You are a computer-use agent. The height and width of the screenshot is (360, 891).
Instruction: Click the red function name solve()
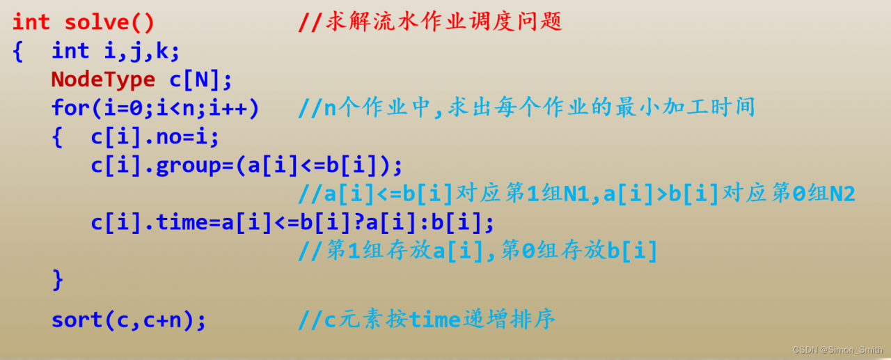pyautogui.click(x=109, y=22)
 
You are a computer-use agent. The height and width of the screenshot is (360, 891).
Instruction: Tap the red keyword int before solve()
pyautogui.click(x=31, y=22)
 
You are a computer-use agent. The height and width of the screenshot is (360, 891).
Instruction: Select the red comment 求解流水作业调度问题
pyautogui.click(x=444, y=21)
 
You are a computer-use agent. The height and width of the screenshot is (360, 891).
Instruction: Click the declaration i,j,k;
pyautogui.click(x=142, y=52)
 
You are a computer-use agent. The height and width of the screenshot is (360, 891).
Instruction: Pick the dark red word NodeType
pyautogui.click(x=103, y=79)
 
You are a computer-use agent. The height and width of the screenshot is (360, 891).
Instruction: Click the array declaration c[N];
pyautogui.click(x=200, y=79)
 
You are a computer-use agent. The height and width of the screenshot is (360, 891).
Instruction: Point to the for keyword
pyautogui.click(x=70, y=107)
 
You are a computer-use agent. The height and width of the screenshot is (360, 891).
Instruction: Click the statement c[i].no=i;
pyautogui.click(x=155, y=137)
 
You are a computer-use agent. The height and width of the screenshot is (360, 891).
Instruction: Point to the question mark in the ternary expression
pyautogui.click(x=359, y=222)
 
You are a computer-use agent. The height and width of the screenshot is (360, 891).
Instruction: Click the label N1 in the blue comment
pyautogui.click(x=576, y=194)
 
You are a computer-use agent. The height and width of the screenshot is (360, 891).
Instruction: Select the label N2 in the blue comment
pyautogui.click(x=842, y=194)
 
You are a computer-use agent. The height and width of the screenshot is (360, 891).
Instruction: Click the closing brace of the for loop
pyautogui.click(x=58, y=280)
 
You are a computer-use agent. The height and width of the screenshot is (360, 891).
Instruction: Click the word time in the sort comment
pyautogui.click(x=434, y=320)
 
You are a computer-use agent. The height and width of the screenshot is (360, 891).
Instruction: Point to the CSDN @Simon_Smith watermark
pyautogui.click(x=837, y=350)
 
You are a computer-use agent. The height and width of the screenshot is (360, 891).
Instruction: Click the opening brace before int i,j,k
pyautogui.click(x=18, y=52)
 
